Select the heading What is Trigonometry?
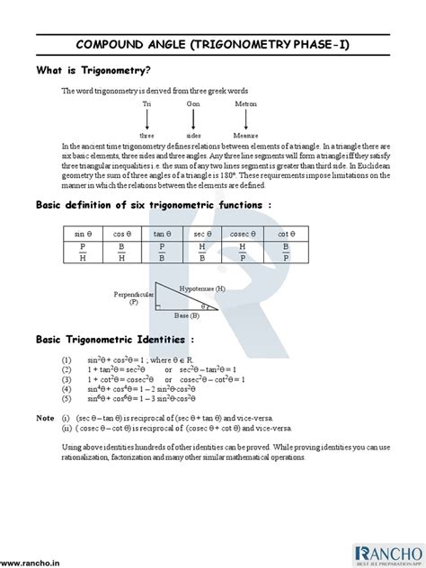[x=93, y=71]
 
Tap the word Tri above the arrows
[x=146, y=104]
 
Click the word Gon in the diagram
[x=193, y=104]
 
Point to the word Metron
[x=245, y=104]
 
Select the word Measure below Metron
[x=245, y=136]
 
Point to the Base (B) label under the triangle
[x=188, y=316]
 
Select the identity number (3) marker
[x=67, y=379]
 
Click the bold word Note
[x=45, y=418]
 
